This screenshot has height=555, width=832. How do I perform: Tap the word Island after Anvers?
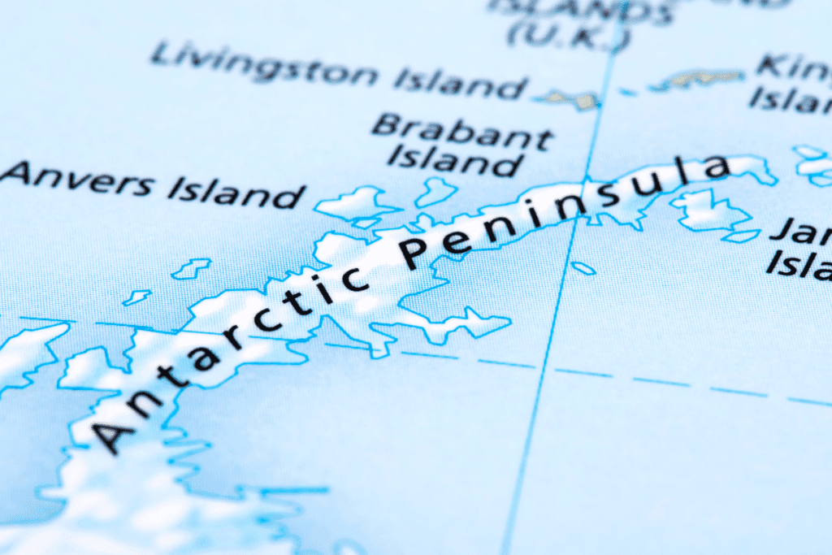(236, 193)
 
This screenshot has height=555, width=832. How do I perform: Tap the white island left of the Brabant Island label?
(357, 203)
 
